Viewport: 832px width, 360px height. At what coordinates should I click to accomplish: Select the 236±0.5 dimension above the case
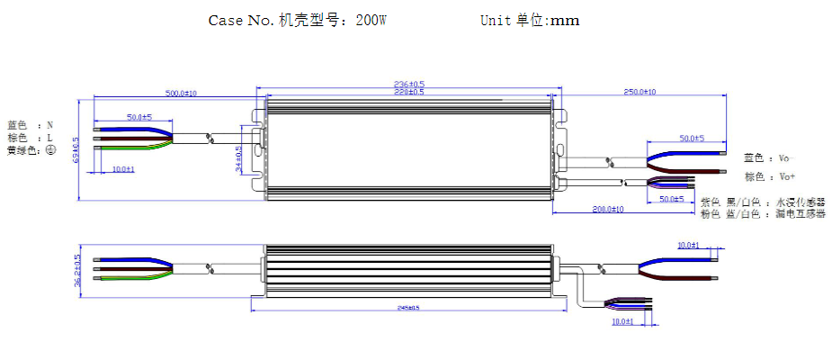coord(409,84)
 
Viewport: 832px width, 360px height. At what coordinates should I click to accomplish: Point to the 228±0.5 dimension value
coord(409,92)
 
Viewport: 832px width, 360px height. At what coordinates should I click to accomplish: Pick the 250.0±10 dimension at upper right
coord(640,92)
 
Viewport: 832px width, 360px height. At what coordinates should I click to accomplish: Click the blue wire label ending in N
coord(31,125)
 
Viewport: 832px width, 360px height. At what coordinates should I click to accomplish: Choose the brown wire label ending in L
coord(31,138)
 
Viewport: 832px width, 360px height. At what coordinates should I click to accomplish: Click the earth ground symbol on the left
coord(51,150)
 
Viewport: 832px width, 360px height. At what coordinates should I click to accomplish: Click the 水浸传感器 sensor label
coord(800,202)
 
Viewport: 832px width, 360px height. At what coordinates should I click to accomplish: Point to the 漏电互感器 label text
coord(800,213)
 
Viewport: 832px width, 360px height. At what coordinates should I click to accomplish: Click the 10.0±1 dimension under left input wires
coord(122,169)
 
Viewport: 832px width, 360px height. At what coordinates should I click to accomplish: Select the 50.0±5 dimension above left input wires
coord(139,117)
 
